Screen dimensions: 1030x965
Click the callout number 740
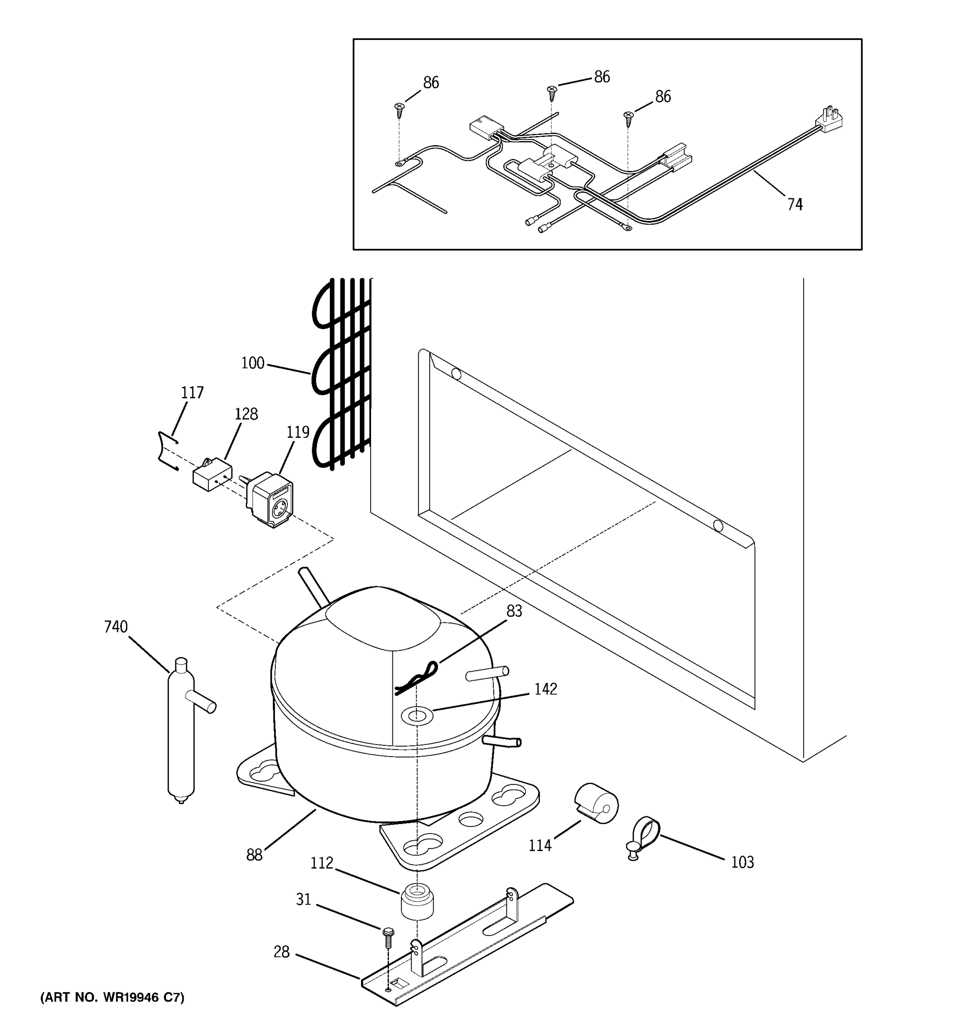[115, 627]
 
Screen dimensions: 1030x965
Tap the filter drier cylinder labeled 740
[181, 736]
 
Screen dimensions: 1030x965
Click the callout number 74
[795, 205]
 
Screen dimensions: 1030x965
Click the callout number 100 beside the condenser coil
[253, 363]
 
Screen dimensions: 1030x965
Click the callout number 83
[514, 612]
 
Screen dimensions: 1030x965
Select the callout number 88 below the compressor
[254, 855]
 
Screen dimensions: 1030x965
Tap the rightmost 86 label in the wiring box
[663, 97]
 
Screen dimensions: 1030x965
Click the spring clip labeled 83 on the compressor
[417, 679]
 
